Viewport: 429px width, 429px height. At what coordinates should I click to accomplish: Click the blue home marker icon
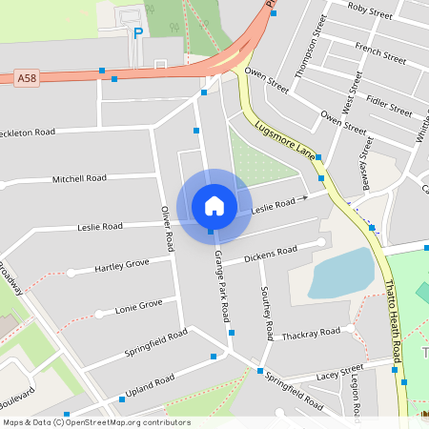214,205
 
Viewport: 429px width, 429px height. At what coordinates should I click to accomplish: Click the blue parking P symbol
138,33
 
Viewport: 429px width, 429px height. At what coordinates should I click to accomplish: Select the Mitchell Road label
79,178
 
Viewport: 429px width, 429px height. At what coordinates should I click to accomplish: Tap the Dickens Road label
271,255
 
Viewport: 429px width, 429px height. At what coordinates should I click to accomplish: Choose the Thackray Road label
311,333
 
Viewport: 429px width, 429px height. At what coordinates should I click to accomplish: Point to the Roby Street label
370,11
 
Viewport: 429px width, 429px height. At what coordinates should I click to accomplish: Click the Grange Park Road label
222,285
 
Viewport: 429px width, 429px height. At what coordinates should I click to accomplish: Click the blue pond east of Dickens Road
340,274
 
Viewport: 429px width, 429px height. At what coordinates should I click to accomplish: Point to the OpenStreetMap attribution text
95,422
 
